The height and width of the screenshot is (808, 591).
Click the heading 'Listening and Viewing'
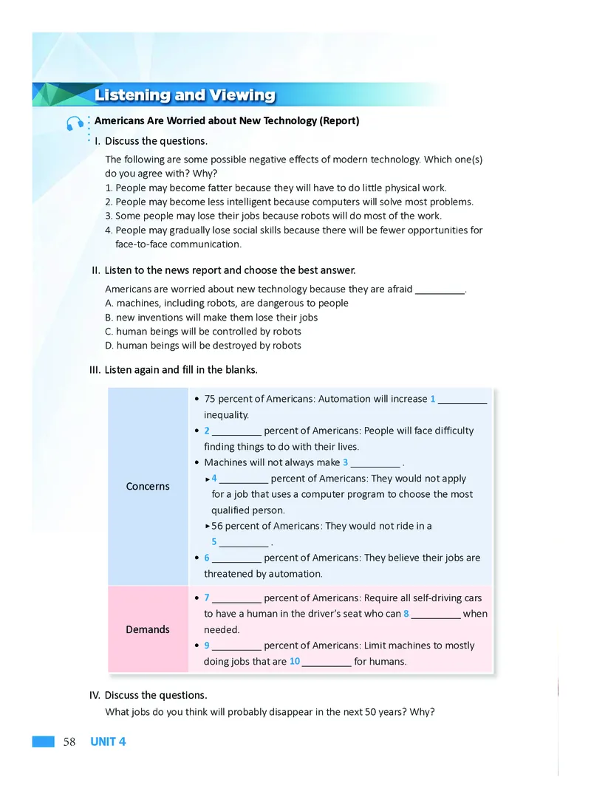(185, 95)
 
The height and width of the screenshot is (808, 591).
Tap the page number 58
(69, 742)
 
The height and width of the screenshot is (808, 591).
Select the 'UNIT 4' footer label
(108, 742)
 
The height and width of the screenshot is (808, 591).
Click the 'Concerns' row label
(148, 486)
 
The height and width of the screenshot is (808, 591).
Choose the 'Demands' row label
(148, 629)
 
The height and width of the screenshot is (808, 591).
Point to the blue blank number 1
(433, 399)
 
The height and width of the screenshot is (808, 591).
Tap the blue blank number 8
(407, 614)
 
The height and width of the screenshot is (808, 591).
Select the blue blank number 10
(295, 661)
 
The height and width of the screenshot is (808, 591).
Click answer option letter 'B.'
(110, 317)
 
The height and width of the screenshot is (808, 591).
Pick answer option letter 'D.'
(110, 345)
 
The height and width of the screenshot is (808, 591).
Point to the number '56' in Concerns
(217, 526)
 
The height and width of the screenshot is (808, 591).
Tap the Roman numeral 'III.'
(95, 369)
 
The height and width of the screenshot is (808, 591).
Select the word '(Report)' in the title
(339, 120)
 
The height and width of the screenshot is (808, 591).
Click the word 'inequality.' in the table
(227, 415)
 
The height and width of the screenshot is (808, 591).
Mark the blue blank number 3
(346, 463)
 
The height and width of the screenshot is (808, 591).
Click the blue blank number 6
(207, 558)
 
